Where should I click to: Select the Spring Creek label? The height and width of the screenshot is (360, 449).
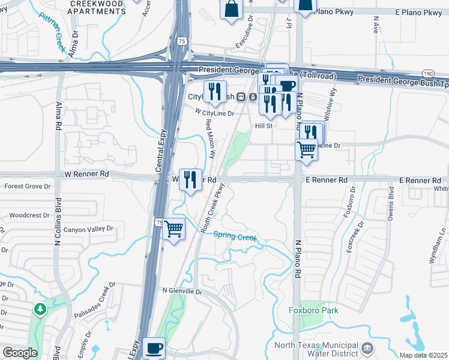[x=235, y=236]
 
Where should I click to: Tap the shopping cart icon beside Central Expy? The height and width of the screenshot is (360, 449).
[x=173, y=229]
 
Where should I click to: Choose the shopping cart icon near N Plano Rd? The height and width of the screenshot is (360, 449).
[x=307, y=149]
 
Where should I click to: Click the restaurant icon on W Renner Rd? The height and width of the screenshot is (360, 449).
[x=191, y=179]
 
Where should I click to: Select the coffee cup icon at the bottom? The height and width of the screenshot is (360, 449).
[x=154, y=347]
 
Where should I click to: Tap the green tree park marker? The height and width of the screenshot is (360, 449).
[x=40, y=309]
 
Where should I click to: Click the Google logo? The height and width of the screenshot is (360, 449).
[x=20, y=353]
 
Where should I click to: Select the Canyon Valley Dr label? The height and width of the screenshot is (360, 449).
[x=88, y=229]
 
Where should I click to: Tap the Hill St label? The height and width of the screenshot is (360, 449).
[x=264, y=126]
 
